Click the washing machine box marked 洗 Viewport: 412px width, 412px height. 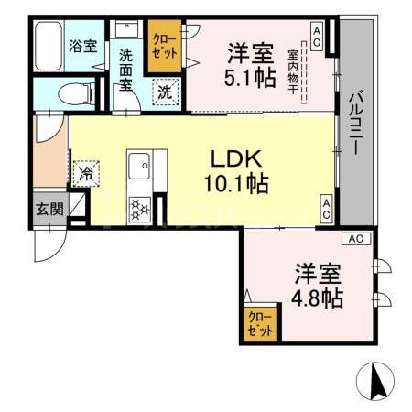click(165, 92)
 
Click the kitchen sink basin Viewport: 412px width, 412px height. click(141, 168)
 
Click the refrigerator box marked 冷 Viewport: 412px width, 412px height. click(87, 172)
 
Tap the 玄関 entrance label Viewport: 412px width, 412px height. click(49, 209)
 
